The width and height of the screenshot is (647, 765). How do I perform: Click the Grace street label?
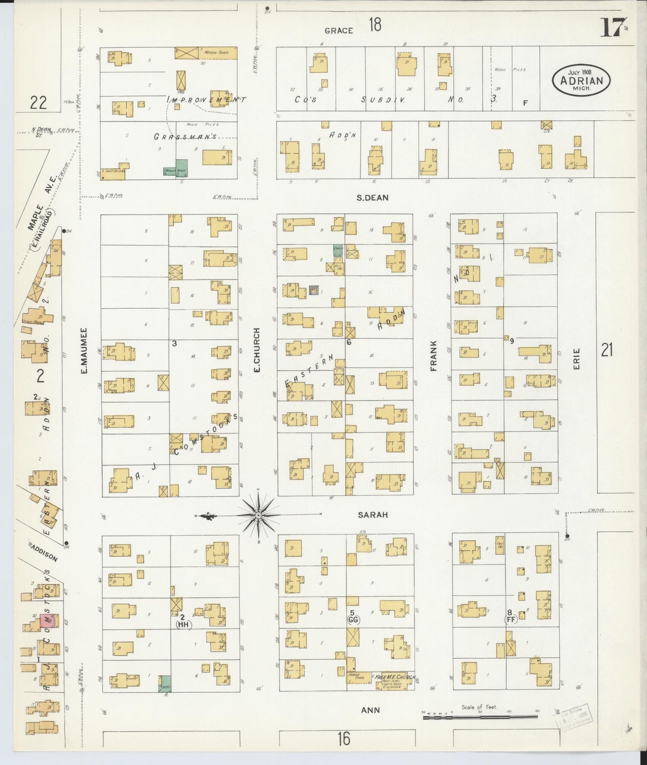click(x=339, y=30)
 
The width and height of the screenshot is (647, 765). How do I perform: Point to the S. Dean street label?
click(x=373, y=197)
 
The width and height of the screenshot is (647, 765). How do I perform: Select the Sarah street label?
click(x=373, y=515)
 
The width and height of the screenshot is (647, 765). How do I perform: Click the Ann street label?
click(x=371, y=710)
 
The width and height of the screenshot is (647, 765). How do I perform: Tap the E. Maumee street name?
click(x=84, y=351)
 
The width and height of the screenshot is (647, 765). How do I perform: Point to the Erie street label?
click(x=577, y=359)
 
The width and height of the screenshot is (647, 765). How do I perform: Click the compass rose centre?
click(x=259, y=516)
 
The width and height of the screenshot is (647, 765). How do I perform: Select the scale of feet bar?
click(x=480, y=717)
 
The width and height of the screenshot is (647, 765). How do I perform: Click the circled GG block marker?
click(x=353, y=620)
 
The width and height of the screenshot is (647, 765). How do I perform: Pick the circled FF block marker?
click(x=510, y=620)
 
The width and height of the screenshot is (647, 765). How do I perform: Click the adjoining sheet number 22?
click(x=38, y=103)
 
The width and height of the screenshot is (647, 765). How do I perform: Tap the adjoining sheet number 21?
click(x=607, y=350)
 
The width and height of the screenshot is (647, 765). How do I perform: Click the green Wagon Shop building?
click(x=181, y=167)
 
